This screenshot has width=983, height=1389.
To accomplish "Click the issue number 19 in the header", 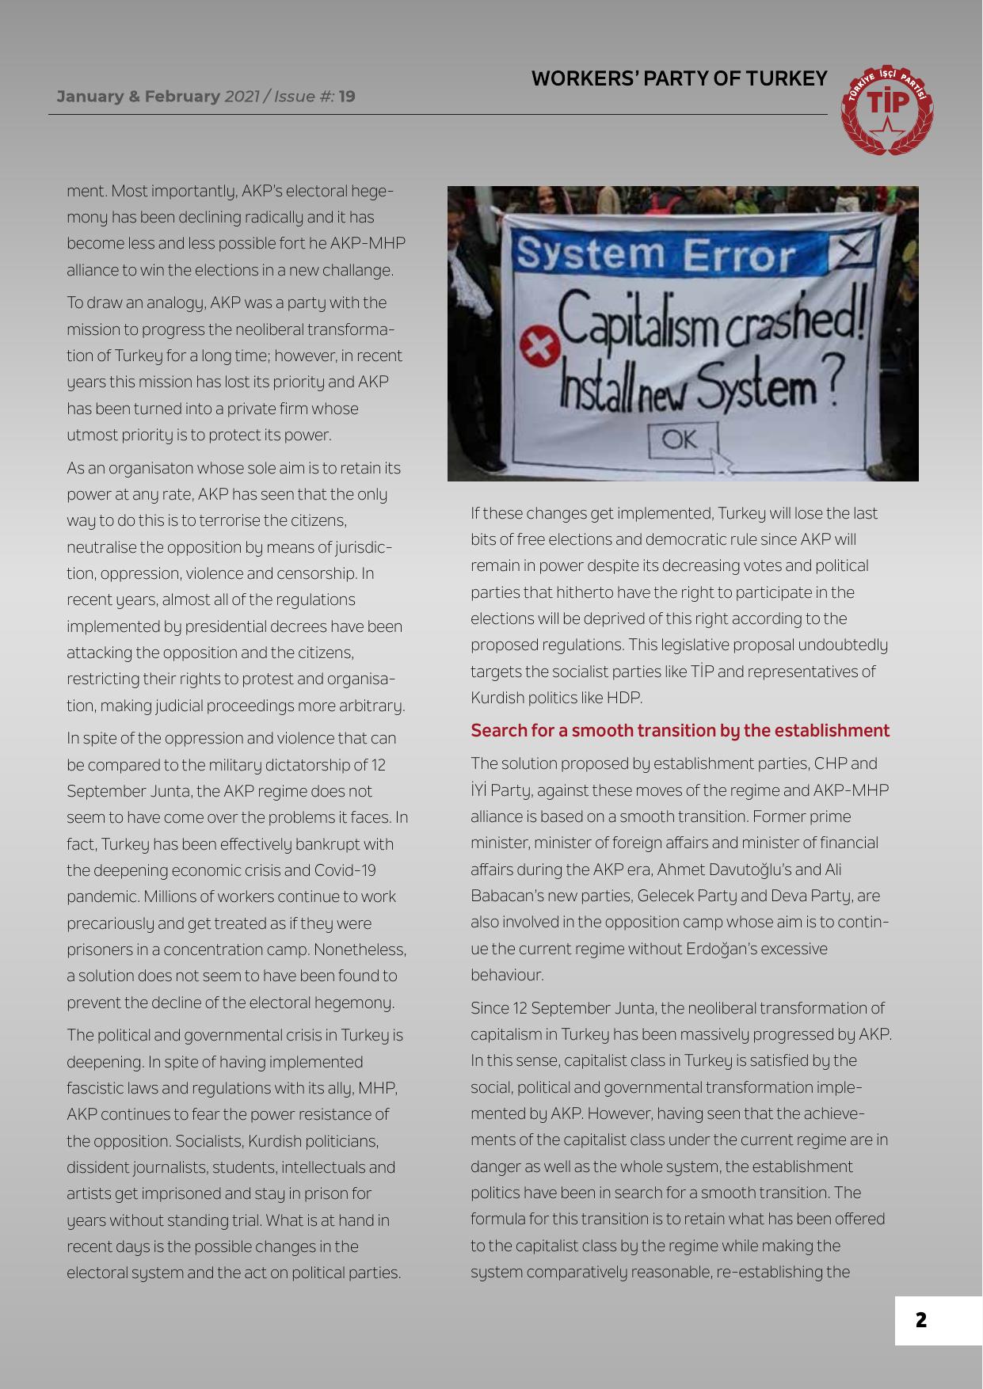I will coord(346,97).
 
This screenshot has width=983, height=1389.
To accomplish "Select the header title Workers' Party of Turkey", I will coord(679,78).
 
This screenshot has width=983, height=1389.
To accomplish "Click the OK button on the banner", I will coord(683,441).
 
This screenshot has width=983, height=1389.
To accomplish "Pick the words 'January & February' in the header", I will coord(138,97).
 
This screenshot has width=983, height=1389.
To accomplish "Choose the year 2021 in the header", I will coord(242,97).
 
